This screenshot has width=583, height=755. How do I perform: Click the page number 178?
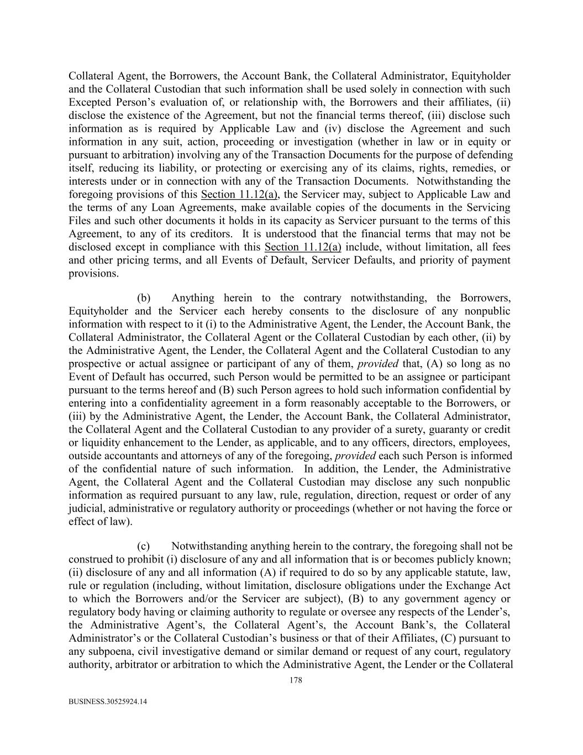tap(296, 680)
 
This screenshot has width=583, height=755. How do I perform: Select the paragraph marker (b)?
tap(144, 298)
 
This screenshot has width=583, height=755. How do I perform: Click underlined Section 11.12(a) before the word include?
tap(303, 247)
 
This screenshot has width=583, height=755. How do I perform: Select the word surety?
tap(406, 430)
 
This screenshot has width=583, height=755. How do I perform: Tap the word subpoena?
tap(106, 652)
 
